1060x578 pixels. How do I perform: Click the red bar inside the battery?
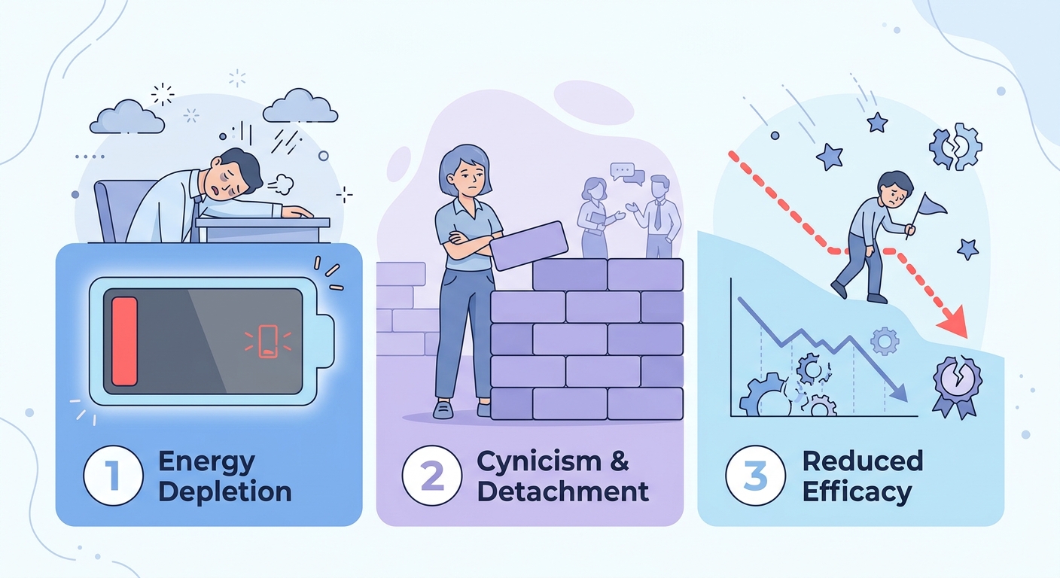pos(124,342)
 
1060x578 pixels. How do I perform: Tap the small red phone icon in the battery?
pos(268,342)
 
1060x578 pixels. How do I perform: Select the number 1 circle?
pos(113,476)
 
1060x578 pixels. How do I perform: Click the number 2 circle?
pos(431,476)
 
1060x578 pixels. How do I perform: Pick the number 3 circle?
pos(755,476)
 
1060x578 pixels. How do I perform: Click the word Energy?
pos(207,463)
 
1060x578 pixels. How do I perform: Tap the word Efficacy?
pos(857,493)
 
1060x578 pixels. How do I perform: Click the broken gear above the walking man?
pos(955,147)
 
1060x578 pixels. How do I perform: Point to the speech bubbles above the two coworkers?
pos(627,174)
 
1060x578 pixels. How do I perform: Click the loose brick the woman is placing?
pos(528,245)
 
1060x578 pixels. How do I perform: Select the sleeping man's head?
pos(236,172)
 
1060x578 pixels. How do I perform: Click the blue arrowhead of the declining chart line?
pos(897,392)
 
